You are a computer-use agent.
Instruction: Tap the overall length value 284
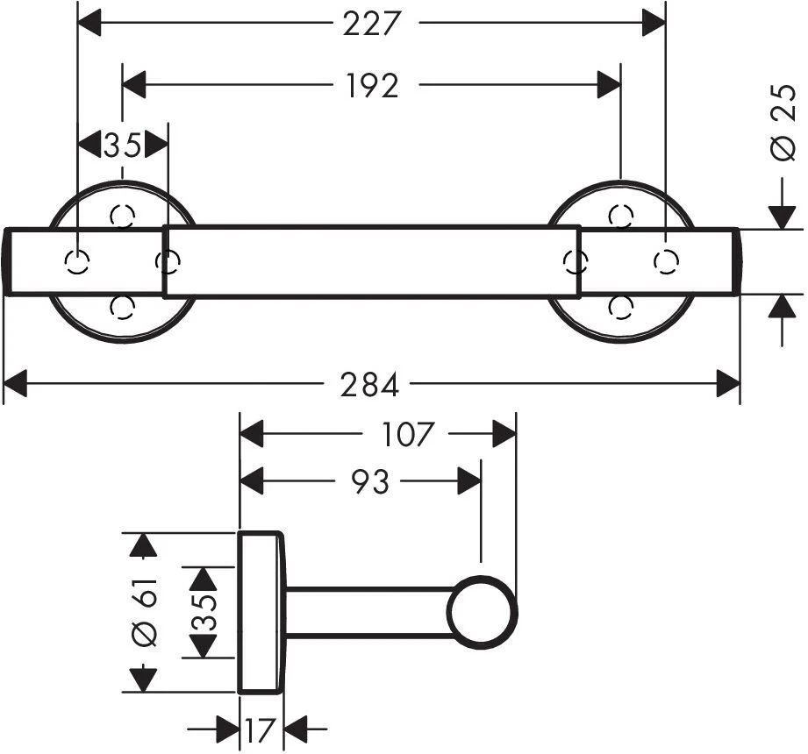click(370, 384)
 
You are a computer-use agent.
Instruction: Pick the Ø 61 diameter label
click(146, 611)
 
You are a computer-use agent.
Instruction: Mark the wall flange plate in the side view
click(261, 612)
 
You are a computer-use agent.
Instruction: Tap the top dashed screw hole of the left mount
click(123, 215)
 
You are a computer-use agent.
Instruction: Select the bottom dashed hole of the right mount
click(621, 306)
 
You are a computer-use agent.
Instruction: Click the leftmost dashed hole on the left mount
click(78, 261)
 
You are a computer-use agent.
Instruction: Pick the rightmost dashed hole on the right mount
click(667, 260)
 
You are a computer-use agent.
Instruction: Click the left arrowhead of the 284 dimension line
click(17, 383)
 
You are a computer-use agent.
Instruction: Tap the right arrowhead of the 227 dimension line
click(654, 24)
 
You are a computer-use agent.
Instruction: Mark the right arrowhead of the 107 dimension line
click(504, 434)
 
